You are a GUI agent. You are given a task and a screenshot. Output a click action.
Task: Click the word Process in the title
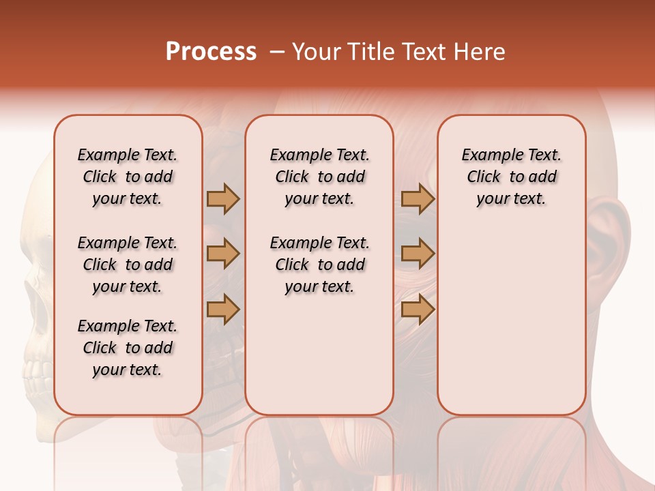tap(211, 52)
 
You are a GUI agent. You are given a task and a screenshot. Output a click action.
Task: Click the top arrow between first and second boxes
tap(223, 199)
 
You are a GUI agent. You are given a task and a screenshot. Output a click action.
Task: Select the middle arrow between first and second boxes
tap(223, 254)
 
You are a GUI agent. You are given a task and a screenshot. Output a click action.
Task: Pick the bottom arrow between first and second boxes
tap(223, 309)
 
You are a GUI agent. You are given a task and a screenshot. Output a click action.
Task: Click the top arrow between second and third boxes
tap(418, 199)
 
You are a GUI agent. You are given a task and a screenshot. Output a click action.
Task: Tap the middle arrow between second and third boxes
tap(418, 254)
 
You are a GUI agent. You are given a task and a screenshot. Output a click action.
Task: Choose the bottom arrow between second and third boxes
tap(418, 309)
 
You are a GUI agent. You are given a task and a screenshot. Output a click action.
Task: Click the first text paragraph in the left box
tap(128, 177)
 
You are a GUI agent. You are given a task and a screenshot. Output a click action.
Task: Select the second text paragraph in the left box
tap(128, 265)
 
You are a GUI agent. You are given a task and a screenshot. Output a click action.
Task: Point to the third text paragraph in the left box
tap(128, 348)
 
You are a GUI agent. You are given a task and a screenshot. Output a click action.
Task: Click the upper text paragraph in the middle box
tap(319, 177)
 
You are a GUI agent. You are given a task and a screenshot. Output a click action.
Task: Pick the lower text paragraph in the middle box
tap(319, 265)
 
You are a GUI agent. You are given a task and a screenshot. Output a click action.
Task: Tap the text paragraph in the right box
tap(512, 177)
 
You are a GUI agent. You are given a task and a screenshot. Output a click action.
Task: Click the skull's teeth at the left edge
tap(34, 372)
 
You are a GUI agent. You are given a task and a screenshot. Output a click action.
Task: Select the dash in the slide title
tap(277, 53)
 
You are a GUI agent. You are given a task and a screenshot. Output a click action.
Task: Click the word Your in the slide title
tap(317, 52)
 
